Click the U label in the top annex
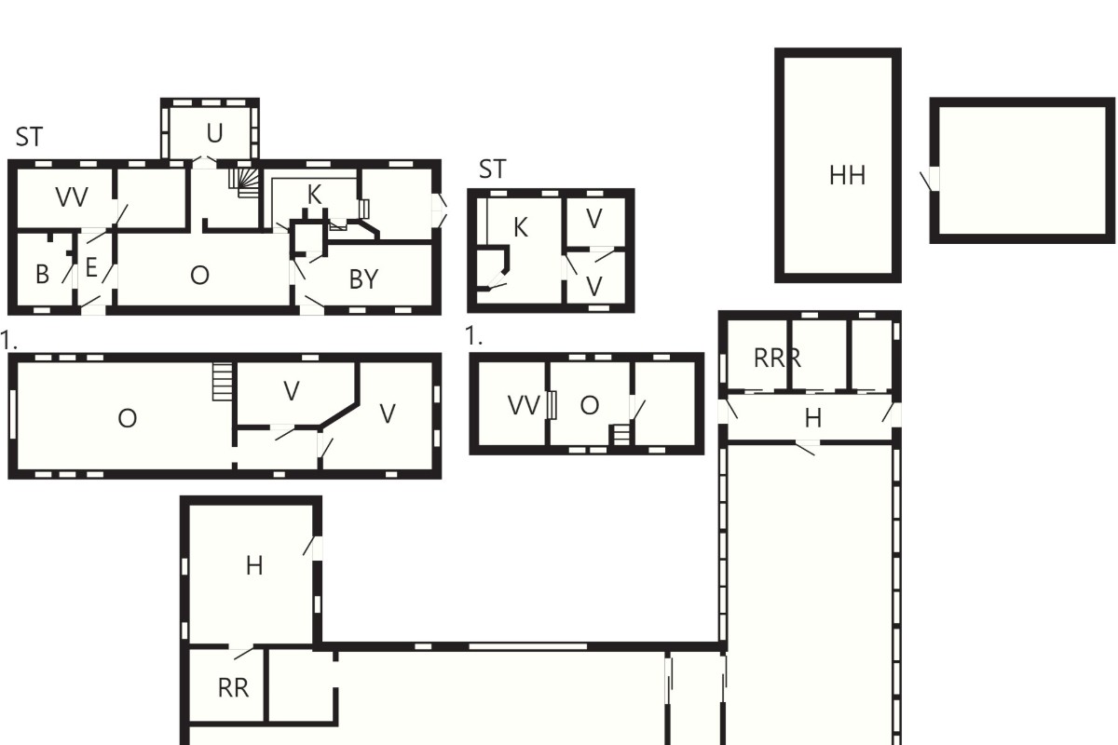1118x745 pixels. click(214, 133)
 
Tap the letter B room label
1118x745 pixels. click(43, 274)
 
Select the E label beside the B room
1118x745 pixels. click(91, 267)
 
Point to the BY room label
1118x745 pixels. click(364, 279)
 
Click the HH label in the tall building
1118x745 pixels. click(847, 176)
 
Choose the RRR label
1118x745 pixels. click(777, 359)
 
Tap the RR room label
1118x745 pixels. click(233, 688)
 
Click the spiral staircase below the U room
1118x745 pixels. click(245, 183)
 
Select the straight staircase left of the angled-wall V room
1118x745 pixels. click(223, 381)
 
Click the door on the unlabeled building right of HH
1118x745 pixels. click(929, 179)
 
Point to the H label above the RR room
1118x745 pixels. click(254, 566)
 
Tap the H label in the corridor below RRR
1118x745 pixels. click(813, 418)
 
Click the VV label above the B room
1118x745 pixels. click(72, 197)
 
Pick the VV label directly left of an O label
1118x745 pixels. click(524, 405)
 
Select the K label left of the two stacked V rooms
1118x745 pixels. click(521, 227)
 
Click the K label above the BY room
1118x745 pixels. click(315, 195)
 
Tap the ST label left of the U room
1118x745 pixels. click(30, 137)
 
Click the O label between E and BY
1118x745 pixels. click(199, 275)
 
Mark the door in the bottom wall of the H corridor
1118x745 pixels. click(807, 447)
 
